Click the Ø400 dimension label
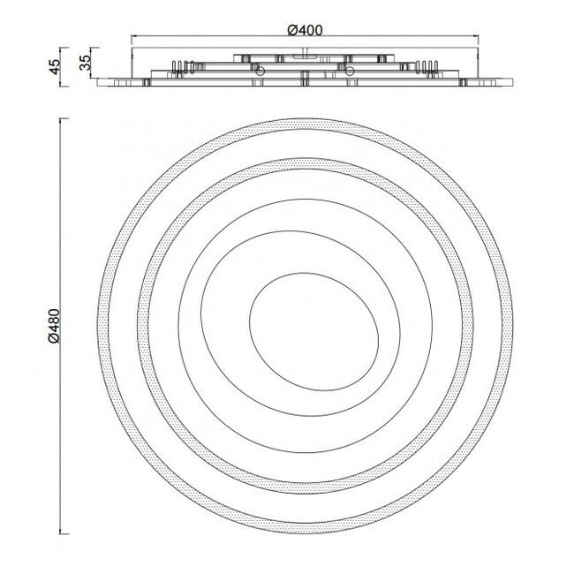pyautogui.click(x=305, y=30)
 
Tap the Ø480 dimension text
pyautogui.click(x=54, y=326)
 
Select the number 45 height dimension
pyautogui.click(x=55, y=67)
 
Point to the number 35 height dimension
pyautogui.click(x=85, y=63)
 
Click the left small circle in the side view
pyautogui.click(x=260, y=71)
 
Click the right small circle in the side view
pyautogui.click(x=351, y=71)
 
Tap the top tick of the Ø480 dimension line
pyautogui.click(x=64, y=118)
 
